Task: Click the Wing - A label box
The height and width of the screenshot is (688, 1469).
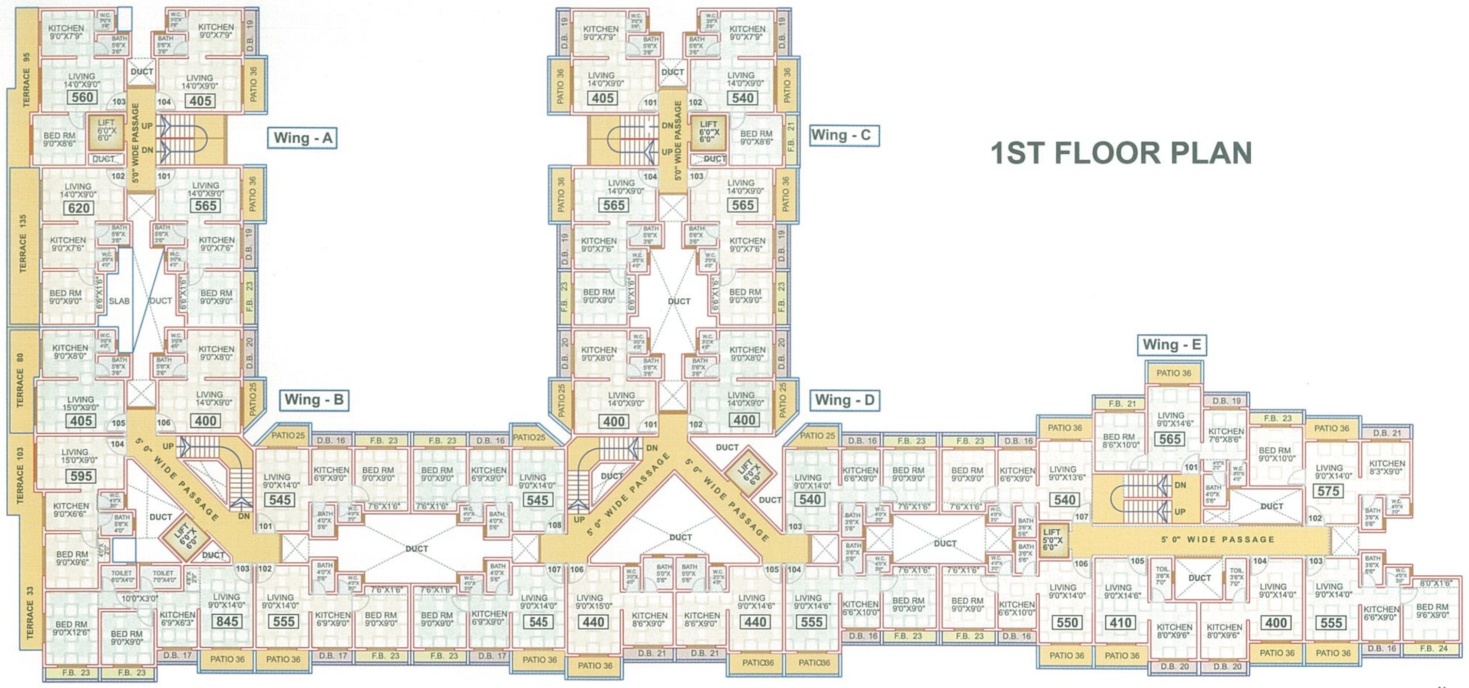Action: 302,138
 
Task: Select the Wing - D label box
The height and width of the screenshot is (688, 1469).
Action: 844,400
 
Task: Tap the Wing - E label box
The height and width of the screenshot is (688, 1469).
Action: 1172,344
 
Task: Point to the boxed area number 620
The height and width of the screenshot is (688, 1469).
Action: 79,208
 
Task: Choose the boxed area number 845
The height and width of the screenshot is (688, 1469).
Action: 226,621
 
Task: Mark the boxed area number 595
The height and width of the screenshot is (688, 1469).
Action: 81,476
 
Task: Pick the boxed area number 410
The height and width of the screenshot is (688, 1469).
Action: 1120,622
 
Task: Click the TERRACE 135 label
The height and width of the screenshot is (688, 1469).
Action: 23,244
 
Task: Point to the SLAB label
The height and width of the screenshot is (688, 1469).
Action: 119,301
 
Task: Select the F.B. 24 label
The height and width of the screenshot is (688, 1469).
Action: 1434,648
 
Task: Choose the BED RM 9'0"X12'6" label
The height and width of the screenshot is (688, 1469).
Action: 71,628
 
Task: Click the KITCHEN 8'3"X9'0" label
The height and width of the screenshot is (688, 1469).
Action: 1387,467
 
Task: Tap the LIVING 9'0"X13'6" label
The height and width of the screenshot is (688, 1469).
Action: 1066,473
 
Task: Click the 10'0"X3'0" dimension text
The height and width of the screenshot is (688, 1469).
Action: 139,598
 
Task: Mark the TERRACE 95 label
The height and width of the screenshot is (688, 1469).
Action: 26,80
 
